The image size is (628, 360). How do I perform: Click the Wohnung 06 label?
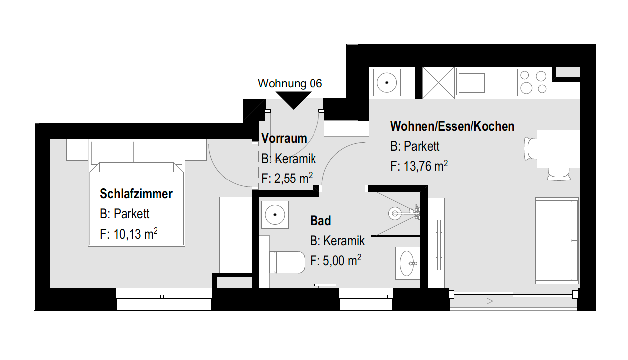290,84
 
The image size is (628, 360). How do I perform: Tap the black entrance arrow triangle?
293,99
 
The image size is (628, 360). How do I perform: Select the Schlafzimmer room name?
136,194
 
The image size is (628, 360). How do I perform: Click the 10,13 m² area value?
136,233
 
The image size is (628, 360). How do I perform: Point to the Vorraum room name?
284,138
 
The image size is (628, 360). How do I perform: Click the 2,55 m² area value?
293,178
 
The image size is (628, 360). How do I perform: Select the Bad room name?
320,221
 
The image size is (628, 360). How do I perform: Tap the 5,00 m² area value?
342,260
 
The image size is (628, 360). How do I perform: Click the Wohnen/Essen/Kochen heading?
452,126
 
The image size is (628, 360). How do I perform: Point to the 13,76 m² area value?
426,166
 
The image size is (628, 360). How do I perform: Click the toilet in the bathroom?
287,262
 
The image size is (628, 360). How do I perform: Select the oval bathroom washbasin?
407,263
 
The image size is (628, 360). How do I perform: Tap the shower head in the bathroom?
394,213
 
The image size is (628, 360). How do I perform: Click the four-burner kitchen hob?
533,82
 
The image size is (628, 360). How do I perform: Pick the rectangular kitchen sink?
471,83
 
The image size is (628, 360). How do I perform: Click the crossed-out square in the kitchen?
438,83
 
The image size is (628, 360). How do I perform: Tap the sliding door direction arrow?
478,301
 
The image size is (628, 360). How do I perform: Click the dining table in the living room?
558,149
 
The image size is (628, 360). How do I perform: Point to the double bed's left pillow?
113,152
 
